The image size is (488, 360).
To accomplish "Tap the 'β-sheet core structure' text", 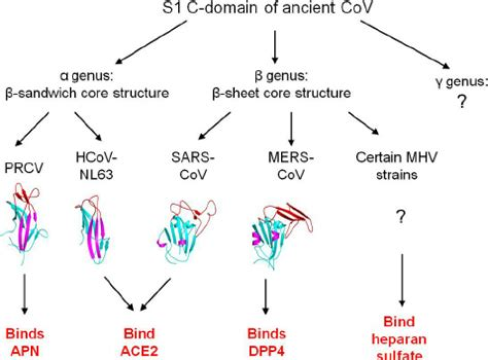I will (282, 93).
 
